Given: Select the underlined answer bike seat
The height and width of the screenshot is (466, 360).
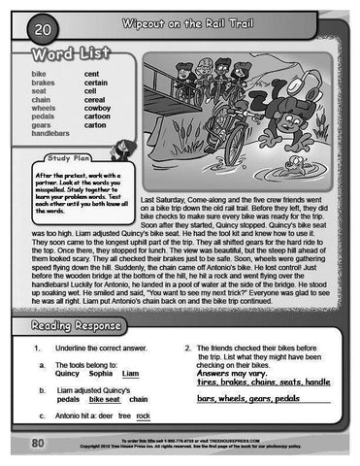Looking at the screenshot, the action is (x=104, y=399).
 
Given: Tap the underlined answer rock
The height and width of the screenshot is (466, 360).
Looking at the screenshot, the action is (x=144, y=416).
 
